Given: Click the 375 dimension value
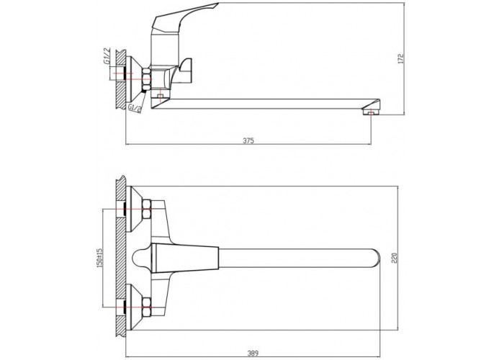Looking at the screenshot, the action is click(x=248, y=140).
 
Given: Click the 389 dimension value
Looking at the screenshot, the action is click(x=253, y=354).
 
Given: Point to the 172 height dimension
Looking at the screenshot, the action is click(x=400, y=58).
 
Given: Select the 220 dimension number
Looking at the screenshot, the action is click(x=395, y=258).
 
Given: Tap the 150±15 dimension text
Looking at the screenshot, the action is click(x=99, y=257).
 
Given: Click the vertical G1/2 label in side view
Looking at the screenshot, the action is click(x=107, y=56).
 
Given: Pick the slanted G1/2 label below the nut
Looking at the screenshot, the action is click(x=135, y=108).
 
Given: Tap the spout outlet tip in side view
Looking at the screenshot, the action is click(x=371, y=112).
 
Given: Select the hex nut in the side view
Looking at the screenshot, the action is click(x=146, y=79).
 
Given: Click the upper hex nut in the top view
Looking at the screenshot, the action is click(x=146, y=210).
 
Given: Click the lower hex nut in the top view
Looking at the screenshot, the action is click(x=146, y=307).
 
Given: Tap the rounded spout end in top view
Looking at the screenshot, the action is click(x=375, y=258).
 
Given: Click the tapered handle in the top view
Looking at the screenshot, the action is click(x=185, y=258).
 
